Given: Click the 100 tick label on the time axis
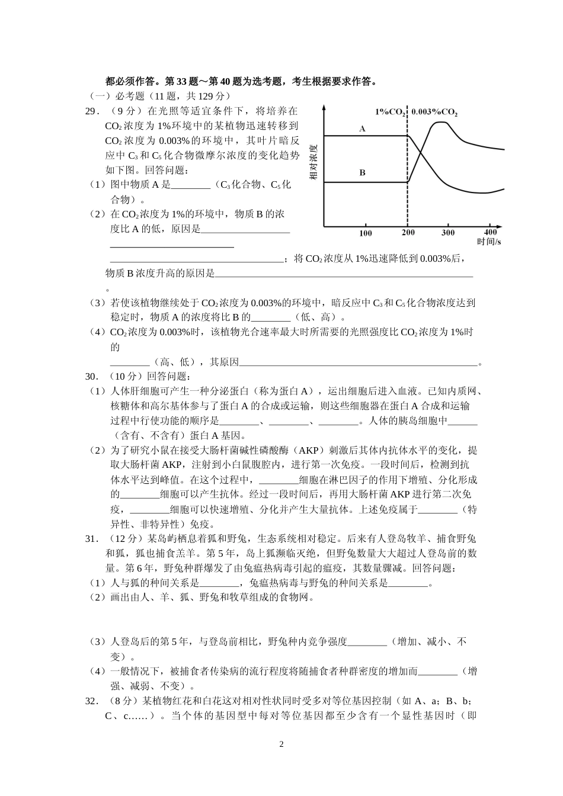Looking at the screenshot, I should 365,233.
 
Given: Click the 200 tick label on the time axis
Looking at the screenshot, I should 408,232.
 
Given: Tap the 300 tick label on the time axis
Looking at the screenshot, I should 448,232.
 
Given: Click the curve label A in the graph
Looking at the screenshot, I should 362,129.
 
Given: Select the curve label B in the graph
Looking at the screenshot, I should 362,173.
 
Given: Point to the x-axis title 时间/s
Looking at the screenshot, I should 489,242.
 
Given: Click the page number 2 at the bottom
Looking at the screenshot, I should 281,744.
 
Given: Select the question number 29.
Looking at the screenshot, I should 91,111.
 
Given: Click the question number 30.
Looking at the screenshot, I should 91,376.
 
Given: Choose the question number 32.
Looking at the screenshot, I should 91,701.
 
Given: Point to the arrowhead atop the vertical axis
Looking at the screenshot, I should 324,108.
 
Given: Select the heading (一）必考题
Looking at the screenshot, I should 115,96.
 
